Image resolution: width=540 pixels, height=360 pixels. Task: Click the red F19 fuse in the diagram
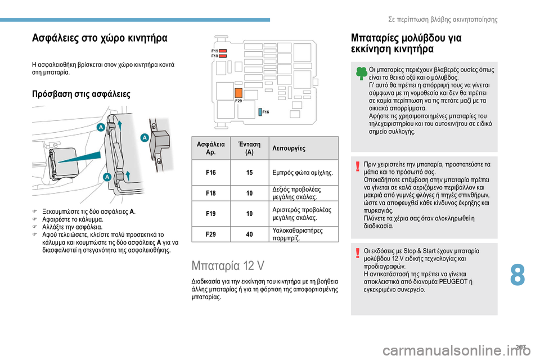(223, 51)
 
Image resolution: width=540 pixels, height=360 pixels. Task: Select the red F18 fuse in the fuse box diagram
(223, 56)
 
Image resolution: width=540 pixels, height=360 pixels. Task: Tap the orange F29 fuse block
(238, 93)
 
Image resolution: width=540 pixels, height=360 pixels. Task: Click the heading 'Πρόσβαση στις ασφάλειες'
(81, 93)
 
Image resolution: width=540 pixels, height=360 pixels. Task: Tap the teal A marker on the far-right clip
(144, 138)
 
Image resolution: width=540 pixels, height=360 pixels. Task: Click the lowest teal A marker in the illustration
(106, 177)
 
